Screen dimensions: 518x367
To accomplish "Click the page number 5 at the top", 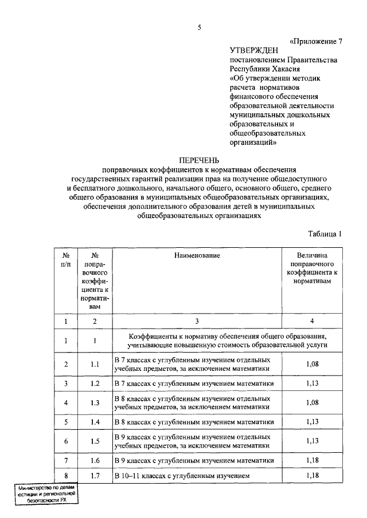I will pos(199,26).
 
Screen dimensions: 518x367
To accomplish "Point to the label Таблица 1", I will pos(325,234).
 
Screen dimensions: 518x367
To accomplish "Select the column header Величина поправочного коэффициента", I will pos(312,272).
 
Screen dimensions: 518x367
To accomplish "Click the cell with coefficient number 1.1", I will pos(95,365).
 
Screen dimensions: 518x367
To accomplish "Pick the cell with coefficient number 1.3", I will pos(95,402).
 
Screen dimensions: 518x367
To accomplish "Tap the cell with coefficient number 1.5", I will pos(95,441).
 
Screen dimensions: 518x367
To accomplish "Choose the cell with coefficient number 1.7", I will pos(95,476).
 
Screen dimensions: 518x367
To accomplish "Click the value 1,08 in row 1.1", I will pos(312,365).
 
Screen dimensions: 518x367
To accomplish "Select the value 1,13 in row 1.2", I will pos(312,383).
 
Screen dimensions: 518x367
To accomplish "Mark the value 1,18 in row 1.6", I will pos(312,460).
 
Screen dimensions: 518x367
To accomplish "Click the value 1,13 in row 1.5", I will pos(312,441).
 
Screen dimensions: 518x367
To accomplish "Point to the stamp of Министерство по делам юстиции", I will pos(47,493).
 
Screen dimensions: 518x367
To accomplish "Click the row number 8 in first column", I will pos(67,476).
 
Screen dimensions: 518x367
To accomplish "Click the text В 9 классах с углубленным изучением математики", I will pos(193,460).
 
